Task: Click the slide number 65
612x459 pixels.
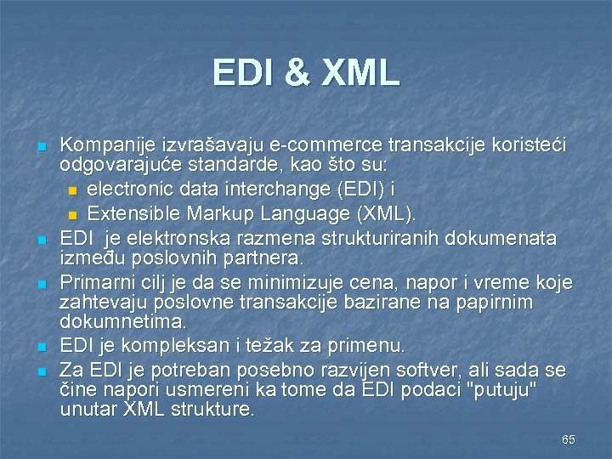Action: point(568,439)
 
